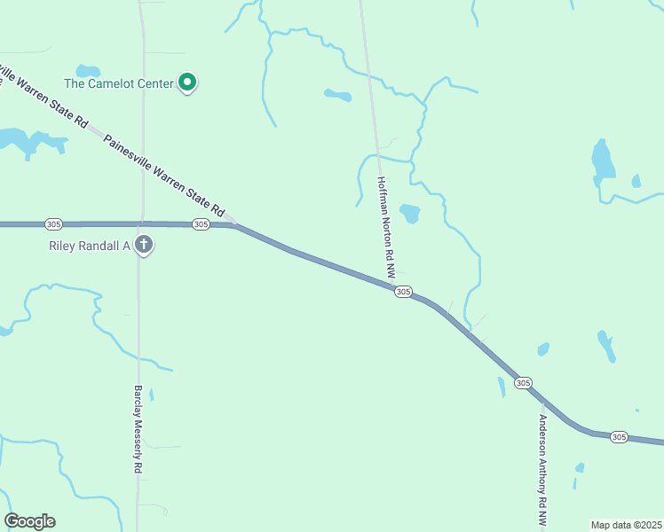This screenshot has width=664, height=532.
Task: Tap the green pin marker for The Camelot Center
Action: tap(187, 82)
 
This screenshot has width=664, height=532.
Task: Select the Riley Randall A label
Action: tap(89, 246)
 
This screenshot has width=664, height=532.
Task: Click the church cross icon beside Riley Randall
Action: tap(145, 245)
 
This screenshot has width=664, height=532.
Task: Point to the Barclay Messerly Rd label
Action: tap(138, 428)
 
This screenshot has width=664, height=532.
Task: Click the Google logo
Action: tap(29, 521)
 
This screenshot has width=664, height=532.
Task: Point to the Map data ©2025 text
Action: tap(625, 524)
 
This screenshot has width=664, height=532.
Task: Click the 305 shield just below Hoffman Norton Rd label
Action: tap(403, 292)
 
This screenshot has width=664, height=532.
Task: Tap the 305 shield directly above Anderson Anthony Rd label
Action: tap(523, 382)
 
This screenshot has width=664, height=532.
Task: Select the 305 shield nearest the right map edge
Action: tap(620, 437)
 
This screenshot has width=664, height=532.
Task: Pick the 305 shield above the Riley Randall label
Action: tap(201, 224)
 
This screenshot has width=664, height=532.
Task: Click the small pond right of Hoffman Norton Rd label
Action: tap(409, 213)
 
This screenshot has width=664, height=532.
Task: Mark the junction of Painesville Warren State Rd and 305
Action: tap(233, 224)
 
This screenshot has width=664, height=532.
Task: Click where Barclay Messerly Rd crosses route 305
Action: tap(139, 224)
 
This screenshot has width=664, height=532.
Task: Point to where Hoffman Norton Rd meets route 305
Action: tap(391, 286)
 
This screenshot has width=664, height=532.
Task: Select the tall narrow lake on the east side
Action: tap(603, 161)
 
